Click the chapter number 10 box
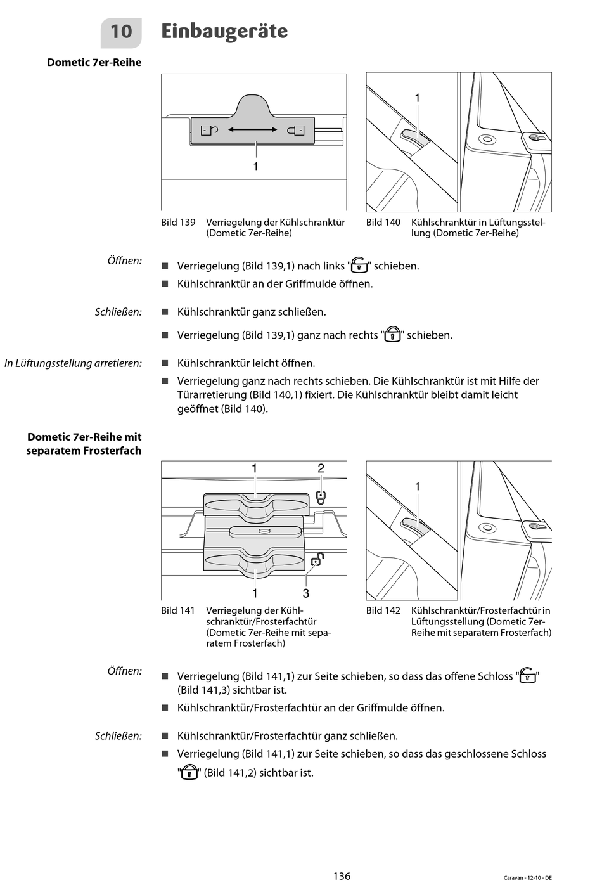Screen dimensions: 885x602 click(121, 32)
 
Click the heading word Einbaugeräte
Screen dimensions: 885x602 click(224, 31)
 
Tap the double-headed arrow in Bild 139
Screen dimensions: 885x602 click(253, 130)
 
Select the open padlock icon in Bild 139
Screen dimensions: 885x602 click(209, 130)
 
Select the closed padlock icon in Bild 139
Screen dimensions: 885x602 click(296, 131)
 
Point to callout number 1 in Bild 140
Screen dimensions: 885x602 click(418, 98)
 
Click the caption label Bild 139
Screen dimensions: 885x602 click(178, 223)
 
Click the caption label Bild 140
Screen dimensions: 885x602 click(383, 223)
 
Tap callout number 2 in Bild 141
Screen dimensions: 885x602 click(321, 468)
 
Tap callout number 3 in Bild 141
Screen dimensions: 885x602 click(306, 593)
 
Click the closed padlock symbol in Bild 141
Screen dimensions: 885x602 click(321, 497)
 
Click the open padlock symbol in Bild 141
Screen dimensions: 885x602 click(317, 560)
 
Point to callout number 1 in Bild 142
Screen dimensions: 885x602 click(418, 486)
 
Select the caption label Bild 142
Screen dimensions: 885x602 click(383, 610)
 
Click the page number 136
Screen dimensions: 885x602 click(342, 876)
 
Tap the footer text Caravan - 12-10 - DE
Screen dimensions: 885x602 click(527, 877)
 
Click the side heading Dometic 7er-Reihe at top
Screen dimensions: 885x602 click(94, 63)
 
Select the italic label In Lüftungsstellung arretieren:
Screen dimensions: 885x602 click(73, 363)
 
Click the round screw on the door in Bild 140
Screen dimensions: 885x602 click(486, 139)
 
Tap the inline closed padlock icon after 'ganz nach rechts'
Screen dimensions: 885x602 click(393, 335)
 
